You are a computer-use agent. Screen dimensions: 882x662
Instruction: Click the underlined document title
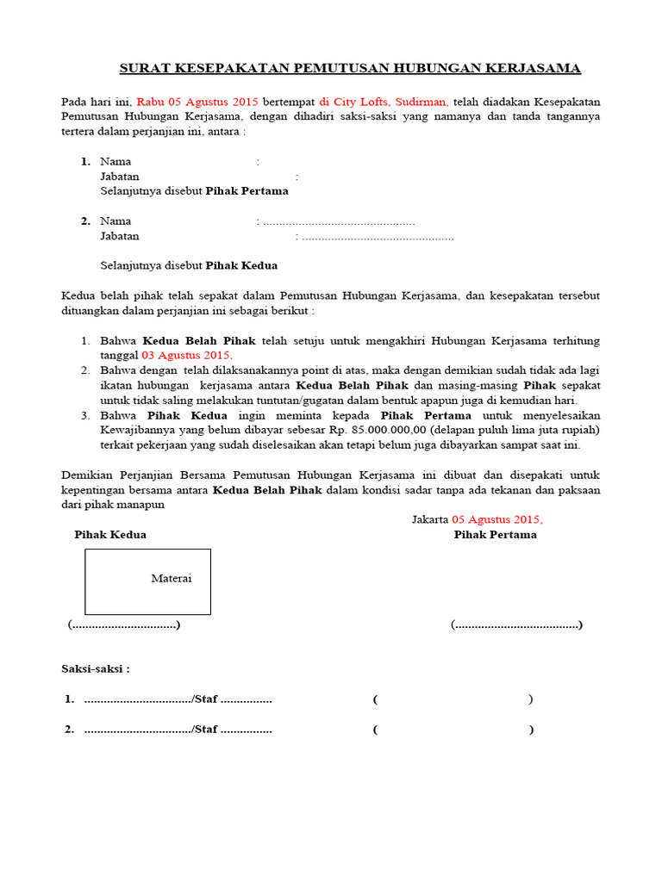[x=349, y=68]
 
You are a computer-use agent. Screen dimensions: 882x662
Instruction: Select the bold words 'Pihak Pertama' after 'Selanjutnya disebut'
[x=247, y=191]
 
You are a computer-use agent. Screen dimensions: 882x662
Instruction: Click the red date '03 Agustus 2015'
[x=185, y=356]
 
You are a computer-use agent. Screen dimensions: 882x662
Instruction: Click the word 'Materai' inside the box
[x=172, y=578]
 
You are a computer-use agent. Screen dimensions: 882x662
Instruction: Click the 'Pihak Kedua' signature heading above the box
[x=110, y=535]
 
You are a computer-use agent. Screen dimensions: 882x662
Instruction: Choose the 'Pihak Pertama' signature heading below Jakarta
[x=495, y=535]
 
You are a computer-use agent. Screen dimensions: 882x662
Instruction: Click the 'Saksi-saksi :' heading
[x=95, y=668]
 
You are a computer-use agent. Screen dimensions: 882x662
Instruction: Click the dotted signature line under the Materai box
[x=124, y=624]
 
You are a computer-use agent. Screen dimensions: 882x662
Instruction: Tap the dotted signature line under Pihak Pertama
[x=516, y=624]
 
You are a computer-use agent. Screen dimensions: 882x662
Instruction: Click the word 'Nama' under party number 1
[x=116, y=161]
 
